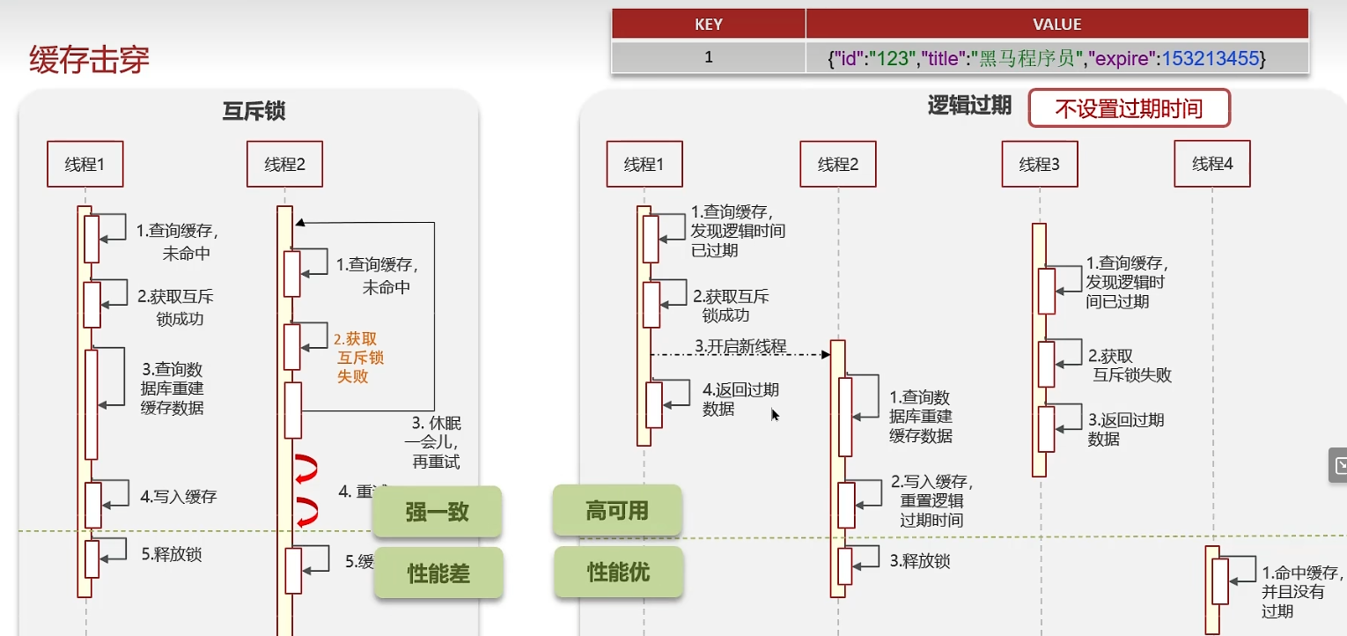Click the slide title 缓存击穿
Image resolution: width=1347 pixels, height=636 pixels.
pyautogui.click(x=90, y=60)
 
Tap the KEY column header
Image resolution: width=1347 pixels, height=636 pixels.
pyautogui.click(x=708, y=25)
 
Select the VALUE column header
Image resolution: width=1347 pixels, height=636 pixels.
pyautogui.click(x=1056, y=25)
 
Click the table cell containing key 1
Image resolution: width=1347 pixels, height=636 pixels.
pyautogui.click(x=708, y=58)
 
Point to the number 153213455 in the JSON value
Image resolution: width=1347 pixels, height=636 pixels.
pyautogui.click(x=1211, y=59)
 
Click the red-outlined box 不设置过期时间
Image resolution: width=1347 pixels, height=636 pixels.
pyautogui.click(x=1129, y=109)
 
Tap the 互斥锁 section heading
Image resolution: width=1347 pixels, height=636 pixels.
pyautogui.click(x=254, y=111)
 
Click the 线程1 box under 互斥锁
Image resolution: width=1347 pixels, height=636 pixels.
pyautogui.click(x=85, y=164)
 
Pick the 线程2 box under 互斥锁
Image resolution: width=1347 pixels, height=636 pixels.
pyautogui.click(x=284, y=164)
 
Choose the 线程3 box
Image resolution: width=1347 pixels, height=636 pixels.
pyautogui.click(x=1039, y=164)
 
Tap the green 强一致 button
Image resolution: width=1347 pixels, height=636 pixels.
pyautogui.click(x=437, y=512)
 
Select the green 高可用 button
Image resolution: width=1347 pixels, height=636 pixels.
pyautogui.click(x=617, y=510)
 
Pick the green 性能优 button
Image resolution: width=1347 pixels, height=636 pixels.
pyautogui.click(x=618, y=572)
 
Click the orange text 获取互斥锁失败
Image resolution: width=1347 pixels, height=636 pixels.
pyautogui.click(x=359, y=358)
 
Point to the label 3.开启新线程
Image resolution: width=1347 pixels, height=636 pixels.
pyautogui.click(x=740, y=346)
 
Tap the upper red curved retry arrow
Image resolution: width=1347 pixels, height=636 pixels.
pyautogui.click(x=305, y=469)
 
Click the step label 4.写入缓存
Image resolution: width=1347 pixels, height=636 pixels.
pyautogui.click(x=179, y=497)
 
